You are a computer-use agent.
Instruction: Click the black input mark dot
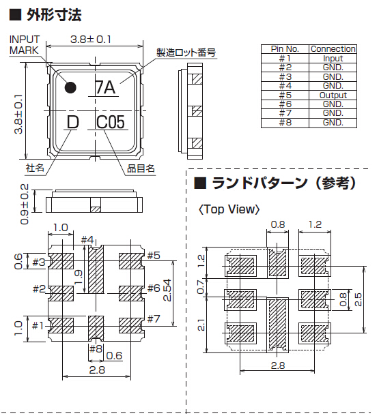[70, 87]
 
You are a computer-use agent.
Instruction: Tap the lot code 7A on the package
[105, 87]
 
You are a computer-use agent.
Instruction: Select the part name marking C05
[111, 122]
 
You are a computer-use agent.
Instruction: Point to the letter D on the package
[72, 122]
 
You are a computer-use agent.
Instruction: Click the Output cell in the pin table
[333, 95]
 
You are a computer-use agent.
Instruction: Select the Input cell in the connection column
[333, 59]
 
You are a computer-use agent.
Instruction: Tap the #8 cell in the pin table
[285, 123]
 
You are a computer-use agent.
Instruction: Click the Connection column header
[333, 49]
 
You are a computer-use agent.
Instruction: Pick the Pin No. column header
[285, 49]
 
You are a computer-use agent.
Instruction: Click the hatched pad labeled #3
[61, 261]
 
